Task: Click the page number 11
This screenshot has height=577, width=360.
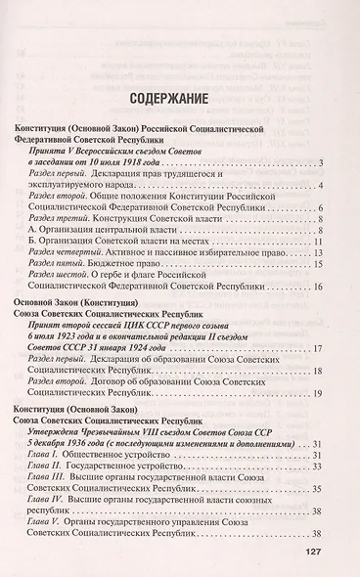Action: (318, 240)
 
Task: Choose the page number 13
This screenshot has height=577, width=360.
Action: (318, 252)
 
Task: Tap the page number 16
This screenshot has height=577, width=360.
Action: (318, 288)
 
